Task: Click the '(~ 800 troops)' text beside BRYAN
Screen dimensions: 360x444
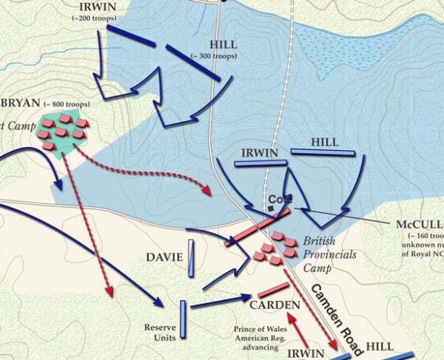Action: pos(70,104)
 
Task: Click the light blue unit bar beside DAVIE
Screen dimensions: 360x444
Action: pos(191,257)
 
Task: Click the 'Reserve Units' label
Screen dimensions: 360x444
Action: pos(161,332)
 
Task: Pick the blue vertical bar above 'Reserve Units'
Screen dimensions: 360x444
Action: pos(183,319)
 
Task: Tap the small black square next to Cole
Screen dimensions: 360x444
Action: pos(272,209)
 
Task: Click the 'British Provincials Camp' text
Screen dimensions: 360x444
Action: pos(329,254)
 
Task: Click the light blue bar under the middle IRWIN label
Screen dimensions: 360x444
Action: pos(259,162)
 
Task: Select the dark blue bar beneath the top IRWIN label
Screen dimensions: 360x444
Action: pos(132,41)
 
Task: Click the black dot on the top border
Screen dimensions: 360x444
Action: pos(223,1)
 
